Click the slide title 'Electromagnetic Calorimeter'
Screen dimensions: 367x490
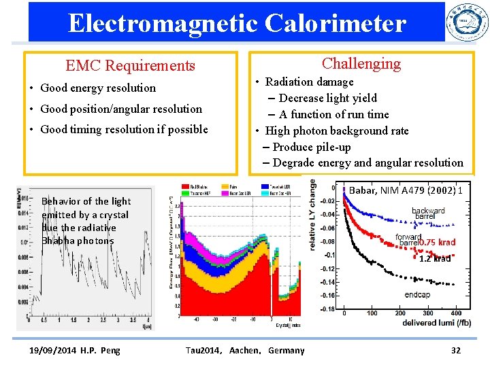237,23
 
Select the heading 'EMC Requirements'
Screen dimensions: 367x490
130,66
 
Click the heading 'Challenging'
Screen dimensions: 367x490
361,64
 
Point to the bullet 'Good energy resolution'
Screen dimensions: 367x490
98,88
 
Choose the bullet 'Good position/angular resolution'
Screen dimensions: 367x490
121,109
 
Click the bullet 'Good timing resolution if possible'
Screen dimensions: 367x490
124,129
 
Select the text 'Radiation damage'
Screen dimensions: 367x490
309,82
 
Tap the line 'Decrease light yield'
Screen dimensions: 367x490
327,98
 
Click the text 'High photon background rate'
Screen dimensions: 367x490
336,130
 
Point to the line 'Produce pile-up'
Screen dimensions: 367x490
312,147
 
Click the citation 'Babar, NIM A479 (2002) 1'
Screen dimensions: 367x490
406,190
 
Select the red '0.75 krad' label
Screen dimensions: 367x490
437,243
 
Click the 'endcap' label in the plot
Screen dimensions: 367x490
416,295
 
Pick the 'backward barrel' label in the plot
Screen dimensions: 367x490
428,213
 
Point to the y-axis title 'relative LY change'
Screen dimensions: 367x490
312,215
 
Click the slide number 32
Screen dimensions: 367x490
456,350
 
